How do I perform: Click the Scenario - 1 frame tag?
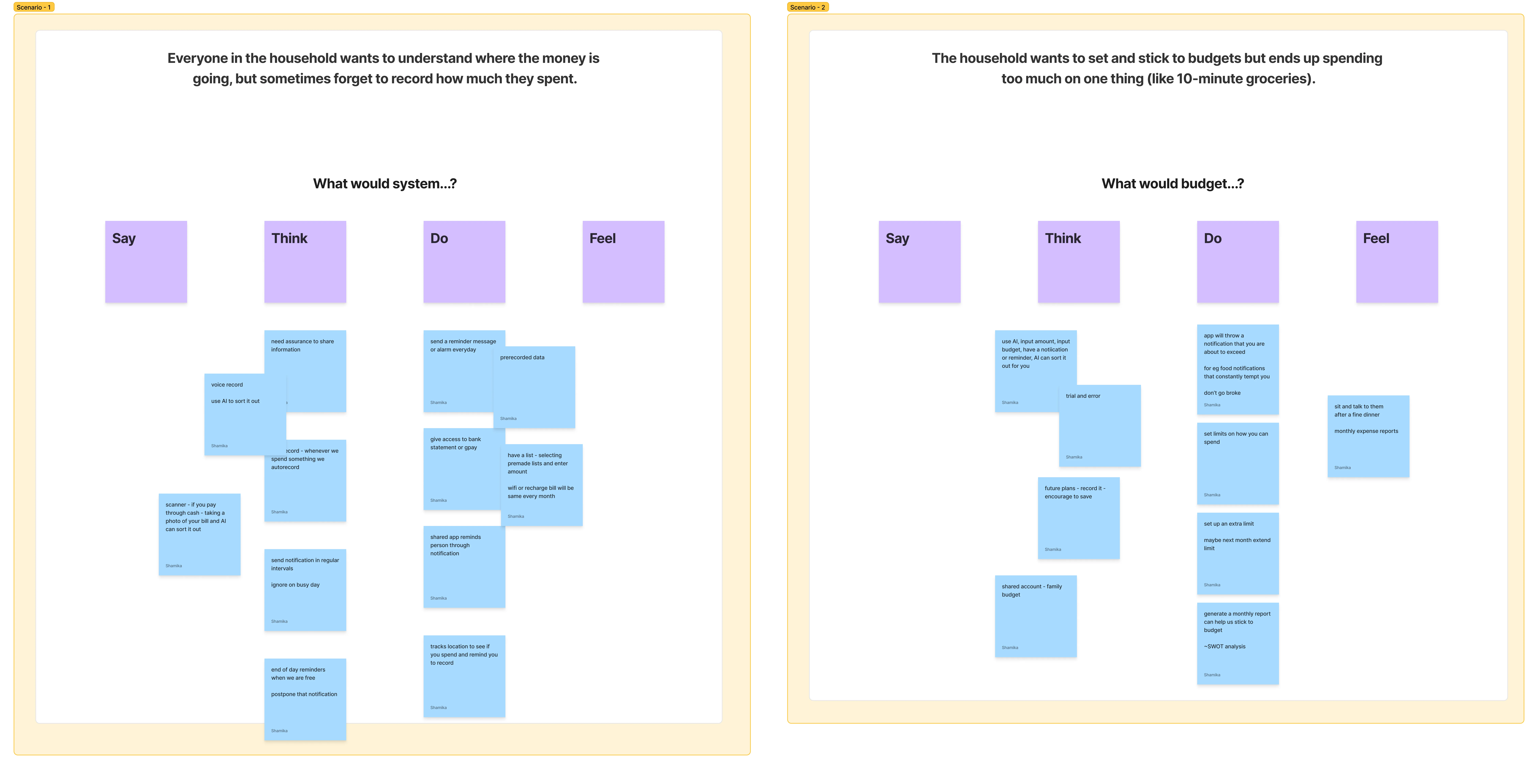[x=33, y=7]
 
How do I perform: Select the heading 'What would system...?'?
[x=384, y=184]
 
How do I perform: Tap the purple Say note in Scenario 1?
[x=146, y=261]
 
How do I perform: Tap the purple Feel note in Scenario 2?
[x=1397, y=261]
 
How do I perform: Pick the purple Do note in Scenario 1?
[x=464, y=261]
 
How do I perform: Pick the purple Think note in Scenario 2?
[x=1078, y=261]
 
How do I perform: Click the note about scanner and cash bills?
[x=199, y=534]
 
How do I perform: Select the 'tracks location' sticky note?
[x=464, y=676]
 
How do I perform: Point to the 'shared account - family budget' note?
[x=1035, y=616]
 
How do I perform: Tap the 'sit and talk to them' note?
[x=1368, y=436]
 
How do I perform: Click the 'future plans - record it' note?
[x=1078, y=518]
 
